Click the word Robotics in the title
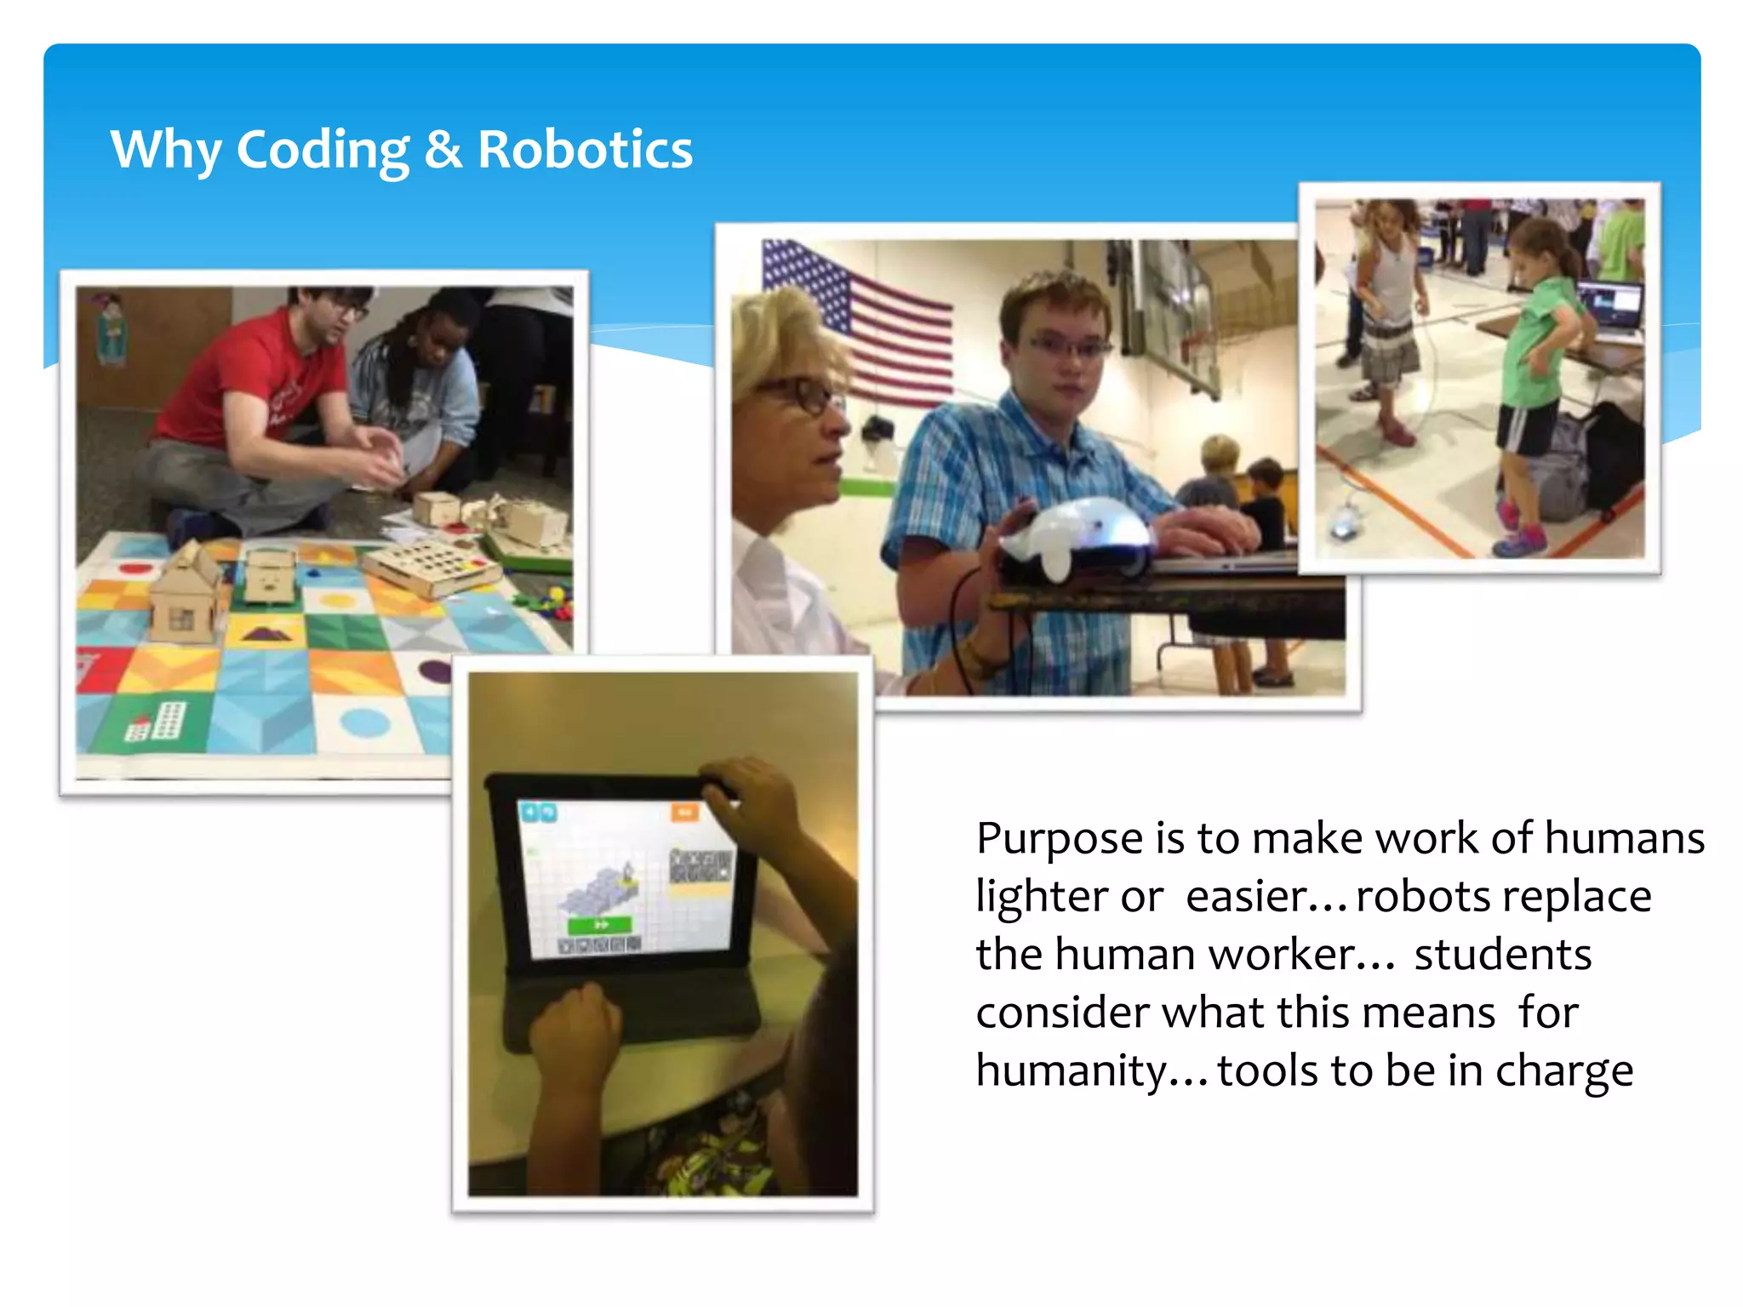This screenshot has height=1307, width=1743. (x=585, y=151)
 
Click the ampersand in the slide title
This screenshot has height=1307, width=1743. (x=443, y=151)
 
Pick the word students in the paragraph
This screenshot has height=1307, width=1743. (x=1502, y=955)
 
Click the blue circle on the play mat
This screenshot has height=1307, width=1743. (x=365, y=723)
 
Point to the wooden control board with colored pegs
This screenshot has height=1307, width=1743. (x=430, y=566)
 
